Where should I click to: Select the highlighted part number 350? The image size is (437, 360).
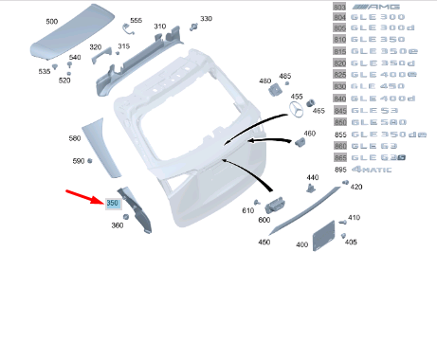tap(112, 203)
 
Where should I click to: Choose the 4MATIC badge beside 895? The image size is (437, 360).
tap(378, 169)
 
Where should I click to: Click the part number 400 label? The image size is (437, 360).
tap(302, 244)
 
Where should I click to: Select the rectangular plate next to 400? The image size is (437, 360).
tap(327, 234)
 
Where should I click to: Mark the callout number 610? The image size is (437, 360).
tap(248, 210)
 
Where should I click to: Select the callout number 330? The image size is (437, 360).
tap(206, 18)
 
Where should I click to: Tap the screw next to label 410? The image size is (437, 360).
tap(343, 222)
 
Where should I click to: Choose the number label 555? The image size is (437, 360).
tap(136, 21)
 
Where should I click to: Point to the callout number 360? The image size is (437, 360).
tap(117, 225)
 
